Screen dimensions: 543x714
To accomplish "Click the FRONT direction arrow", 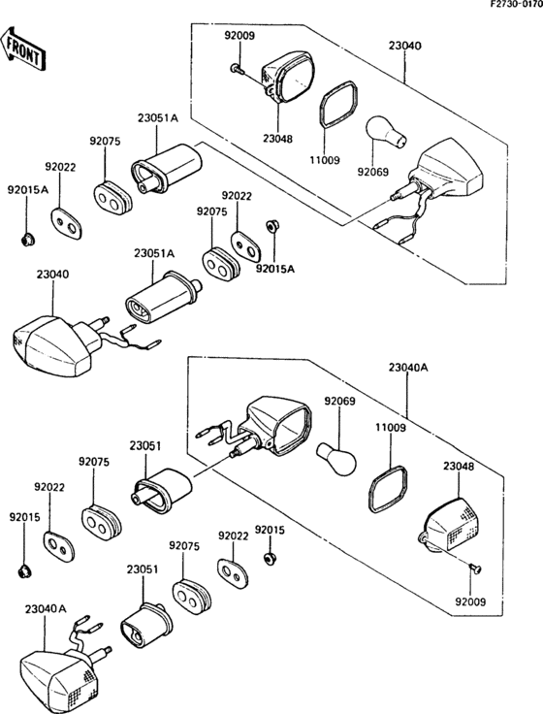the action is pos(22,49).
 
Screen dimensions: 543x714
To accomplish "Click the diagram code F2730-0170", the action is pos(516,4).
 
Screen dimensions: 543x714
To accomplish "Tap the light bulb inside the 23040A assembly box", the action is pos(336,457).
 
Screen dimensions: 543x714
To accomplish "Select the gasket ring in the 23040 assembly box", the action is pos(339,104).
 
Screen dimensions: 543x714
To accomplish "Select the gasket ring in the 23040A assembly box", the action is pos(388,489).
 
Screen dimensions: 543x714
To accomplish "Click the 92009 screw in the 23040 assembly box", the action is pos(237,69).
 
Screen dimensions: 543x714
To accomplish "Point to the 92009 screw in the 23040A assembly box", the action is pos(475,568).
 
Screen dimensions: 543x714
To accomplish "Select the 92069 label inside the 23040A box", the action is pos(339,402).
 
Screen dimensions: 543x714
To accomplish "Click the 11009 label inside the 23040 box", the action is pos(324,160).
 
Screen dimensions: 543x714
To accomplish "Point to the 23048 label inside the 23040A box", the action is pos(459,467).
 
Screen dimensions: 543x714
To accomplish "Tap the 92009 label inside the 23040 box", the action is pos(240,35).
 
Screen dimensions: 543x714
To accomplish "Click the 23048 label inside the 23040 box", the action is pos(277,139).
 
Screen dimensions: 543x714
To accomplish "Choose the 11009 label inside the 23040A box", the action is pos(391,428).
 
